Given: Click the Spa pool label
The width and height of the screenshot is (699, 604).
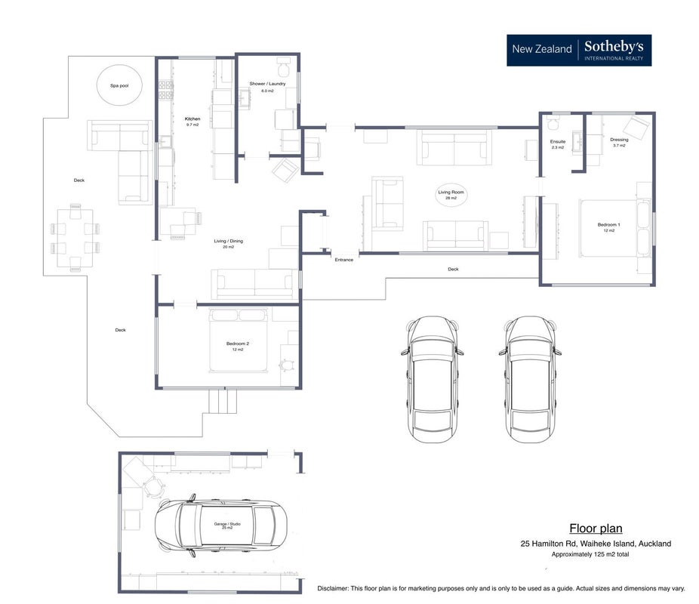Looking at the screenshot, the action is pos(119,85).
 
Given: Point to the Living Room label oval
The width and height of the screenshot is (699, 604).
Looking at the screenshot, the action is pos(451,195).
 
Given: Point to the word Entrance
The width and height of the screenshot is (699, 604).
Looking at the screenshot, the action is pos(344,260).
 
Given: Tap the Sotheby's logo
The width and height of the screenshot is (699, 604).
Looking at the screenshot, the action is pos(579,51).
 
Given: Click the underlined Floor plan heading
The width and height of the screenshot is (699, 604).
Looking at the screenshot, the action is pos(596,528).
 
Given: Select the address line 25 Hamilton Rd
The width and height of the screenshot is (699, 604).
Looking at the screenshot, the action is pos(596,544).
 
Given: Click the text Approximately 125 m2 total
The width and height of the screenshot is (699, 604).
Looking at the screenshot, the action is pos(590,554).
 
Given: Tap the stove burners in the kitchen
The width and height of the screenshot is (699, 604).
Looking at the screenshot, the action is pos(165,90).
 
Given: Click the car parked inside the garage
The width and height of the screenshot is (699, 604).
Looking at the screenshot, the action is pos(220,525).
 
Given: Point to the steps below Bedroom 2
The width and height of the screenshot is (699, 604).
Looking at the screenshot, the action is pos(223,401).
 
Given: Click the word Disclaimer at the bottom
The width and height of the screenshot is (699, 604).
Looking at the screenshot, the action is pos(333,588).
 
